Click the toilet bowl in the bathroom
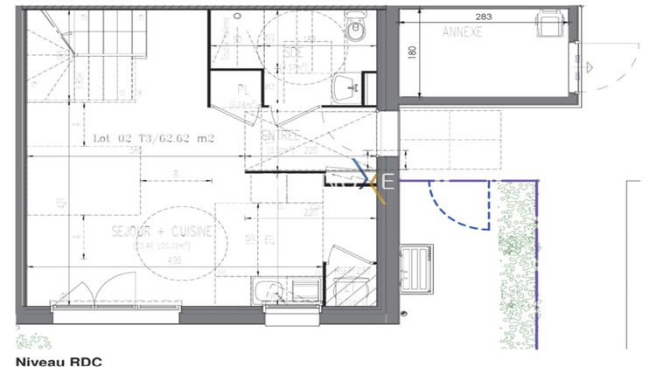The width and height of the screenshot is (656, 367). point(355,29)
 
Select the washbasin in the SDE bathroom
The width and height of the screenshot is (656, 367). point(346,86)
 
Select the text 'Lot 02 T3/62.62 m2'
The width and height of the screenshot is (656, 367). point(154,138)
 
